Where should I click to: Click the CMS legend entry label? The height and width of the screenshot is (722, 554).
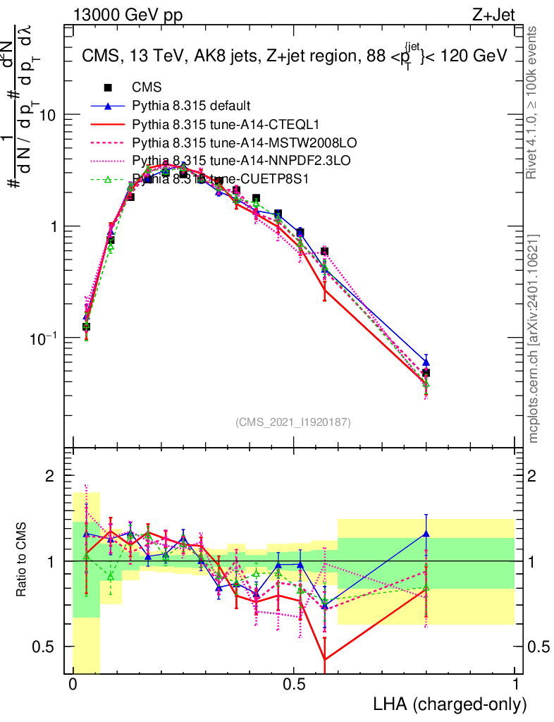click(x=147, y=88)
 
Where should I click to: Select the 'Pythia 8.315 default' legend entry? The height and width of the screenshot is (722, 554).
click(x=191, y=106)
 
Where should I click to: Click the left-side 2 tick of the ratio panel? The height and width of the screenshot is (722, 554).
click(x=50, y=477)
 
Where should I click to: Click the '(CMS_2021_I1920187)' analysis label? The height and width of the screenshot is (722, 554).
click(x=293, y=422)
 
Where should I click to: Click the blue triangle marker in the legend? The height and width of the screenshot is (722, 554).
click(x=108, y=106)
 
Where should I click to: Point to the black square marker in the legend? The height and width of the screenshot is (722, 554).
click(x=108, y=88)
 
